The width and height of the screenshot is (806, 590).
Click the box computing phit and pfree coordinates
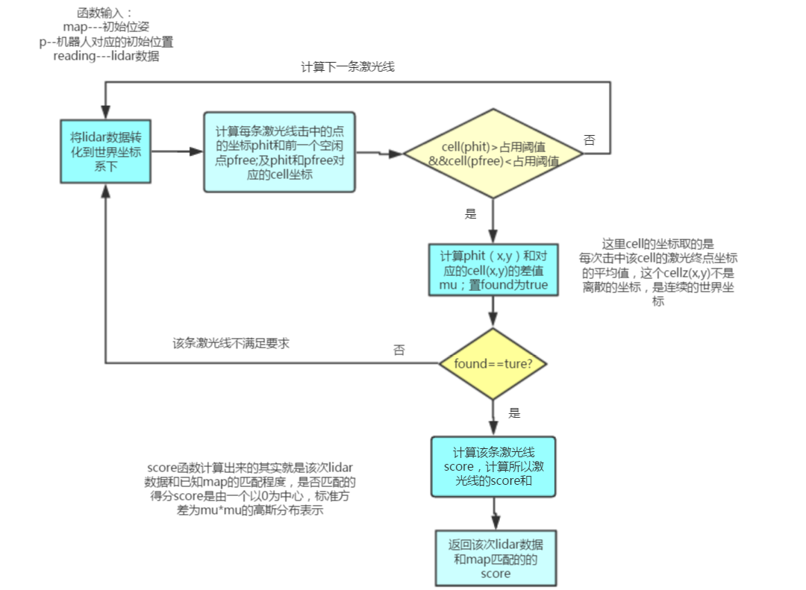(x=279, y=151)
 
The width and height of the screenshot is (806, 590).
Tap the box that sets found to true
(x=493, y=269)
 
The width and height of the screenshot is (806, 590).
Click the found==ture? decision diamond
(x=493, y=364)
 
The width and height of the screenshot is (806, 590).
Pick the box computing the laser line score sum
(x=493, y=466)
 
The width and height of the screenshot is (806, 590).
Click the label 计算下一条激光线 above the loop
(x=348, y=66)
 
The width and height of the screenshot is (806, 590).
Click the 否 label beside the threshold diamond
(x=590, y=139)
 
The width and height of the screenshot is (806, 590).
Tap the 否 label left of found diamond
(x=399, y=350)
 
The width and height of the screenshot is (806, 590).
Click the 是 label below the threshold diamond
(x=470, y=214)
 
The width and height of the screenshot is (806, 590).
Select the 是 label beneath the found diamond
(x=514, y=412)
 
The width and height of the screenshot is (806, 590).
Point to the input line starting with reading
(x=106, y=56)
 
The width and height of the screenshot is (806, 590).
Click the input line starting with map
(x=106, y=28)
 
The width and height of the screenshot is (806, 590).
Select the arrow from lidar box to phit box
(x=178, y=151)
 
